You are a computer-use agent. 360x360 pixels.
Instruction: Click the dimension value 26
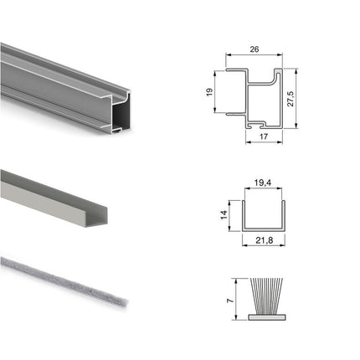pos(255,50)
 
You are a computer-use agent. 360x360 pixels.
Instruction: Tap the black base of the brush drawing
pos(263,316)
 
